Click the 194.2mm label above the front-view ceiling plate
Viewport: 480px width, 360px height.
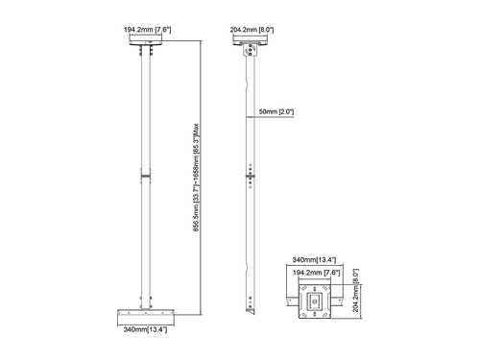click(148, 30)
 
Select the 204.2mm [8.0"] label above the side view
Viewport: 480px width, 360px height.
click(252, 30)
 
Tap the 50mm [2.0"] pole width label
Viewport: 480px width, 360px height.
click(276, 111)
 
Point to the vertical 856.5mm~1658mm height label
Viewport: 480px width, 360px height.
click(196, 178)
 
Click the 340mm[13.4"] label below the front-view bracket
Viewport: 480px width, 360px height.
click(145, 329)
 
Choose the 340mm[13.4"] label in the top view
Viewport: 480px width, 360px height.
click(314, 260)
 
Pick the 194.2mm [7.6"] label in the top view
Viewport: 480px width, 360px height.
click(317, 273)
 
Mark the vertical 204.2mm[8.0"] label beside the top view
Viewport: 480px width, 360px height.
click(355, 290)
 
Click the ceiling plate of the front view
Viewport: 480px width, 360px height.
click(146, 42)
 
